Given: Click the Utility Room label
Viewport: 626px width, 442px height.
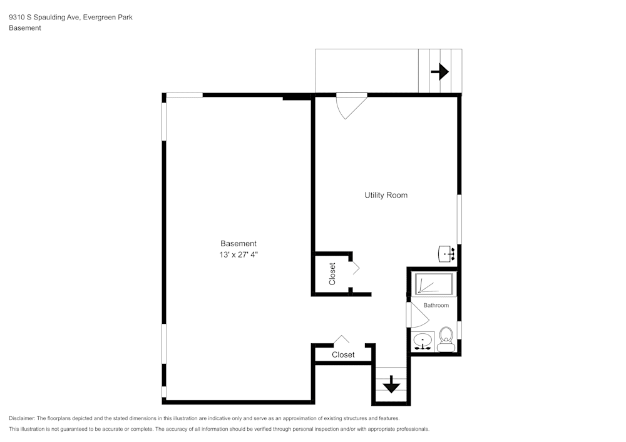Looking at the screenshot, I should (386, 195).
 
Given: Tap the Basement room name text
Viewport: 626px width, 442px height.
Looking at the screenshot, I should (238, 244).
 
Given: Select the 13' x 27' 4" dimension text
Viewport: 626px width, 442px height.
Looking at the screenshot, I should (238, 254).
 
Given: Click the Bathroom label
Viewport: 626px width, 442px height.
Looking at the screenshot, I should (436, 305).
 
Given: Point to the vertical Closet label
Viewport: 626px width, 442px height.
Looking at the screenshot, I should (332, 274).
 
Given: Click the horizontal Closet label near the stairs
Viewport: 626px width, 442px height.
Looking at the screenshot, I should (343, 354).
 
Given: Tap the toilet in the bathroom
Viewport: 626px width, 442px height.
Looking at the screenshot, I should (446, 339).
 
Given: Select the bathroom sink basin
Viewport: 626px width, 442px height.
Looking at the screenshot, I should (424, 341).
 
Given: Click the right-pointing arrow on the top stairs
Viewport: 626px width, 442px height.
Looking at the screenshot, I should (440, 72).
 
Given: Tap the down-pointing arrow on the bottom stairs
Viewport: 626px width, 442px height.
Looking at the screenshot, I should (391, 384).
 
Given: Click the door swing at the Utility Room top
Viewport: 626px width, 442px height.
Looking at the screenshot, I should (351, 104).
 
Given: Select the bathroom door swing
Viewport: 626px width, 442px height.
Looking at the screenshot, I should (415, 314).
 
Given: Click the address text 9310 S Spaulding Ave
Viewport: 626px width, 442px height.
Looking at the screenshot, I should (43, 18).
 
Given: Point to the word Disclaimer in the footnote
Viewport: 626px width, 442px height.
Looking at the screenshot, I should (22, 418).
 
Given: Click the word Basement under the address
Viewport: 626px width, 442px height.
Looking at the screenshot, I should (25, 28).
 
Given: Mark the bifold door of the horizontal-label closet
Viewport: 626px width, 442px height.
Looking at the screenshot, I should (342, 339).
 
